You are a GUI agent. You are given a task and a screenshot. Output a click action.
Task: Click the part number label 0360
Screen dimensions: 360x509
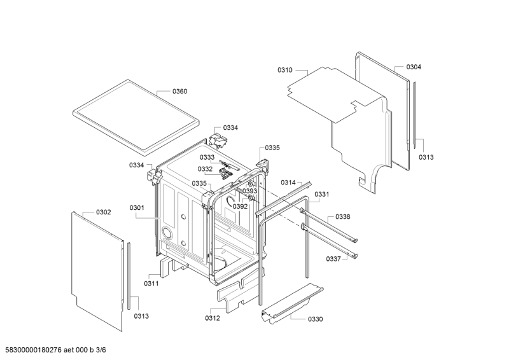click(179, 92)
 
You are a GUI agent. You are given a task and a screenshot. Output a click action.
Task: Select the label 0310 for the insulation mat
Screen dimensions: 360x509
click(285, 71)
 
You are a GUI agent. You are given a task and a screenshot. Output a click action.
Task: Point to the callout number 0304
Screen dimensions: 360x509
click(414, 67)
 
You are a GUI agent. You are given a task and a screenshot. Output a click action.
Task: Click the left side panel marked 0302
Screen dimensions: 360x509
click(95, 267)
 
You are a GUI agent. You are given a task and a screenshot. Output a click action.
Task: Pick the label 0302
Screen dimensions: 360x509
click(103, 212)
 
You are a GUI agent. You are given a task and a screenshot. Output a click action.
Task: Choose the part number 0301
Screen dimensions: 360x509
click(137, 208)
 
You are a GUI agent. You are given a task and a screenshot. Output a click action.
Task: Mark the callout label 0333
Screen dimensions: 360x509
click(207, 157)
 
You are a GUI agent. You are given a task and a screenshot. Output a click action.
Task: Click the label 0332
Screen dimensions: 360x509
click(205, 169)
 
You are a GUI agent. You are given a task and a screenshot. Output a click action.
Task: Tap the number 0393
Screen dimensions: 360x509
click(249, 191)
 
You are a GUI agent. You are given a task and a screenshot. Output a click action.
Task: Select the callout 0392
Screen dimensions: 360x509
click(240, 207)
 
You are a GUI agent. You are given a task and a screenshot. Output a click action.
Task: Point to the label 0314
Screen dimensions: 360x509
click(288, 183)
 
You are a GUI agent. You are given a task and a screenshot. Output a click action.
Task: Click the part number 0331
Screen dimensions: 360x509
click(323, 194)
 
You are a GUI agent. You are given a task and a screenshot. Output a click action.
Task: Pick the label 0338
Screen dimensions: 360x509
click(342, 217)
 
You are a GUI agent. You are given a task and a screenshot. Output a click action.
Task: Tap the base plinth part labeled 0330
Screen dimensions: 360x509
click(289, 305)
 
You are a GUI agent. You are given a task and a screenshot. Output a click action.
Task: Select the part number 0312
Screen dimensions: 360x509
click(213, 318)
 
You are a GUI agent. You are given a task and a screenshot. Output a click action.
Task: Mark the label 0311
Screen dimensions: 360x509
click(151, 283)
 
